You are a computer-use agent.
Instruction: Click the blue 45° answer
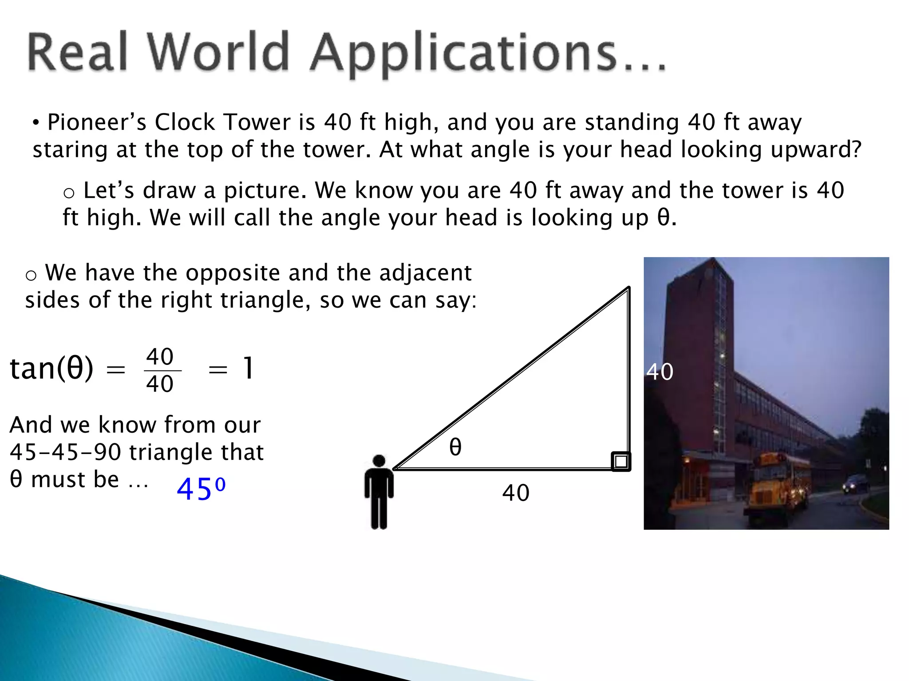point(201,489)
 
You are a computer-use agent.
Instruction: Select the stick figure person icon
point(379,492)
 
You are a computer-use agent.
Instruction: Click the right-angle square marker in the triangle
point(620,461)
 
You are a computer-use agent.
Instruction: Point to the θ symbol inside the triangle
point(455,447)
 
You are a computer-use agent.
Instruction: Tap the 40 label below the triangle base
point(516,493)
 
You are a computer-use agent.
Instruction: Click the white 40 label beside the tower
point(660,372)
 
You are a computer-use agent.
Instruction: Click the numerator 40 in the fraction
point(160,356)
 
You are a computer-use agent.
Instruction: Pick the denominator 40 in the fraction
point(160,384)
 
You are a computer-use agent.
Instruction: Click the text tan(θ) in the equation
point(51,368)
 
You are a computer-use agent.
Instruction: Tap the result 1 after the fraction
point(249,368)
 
